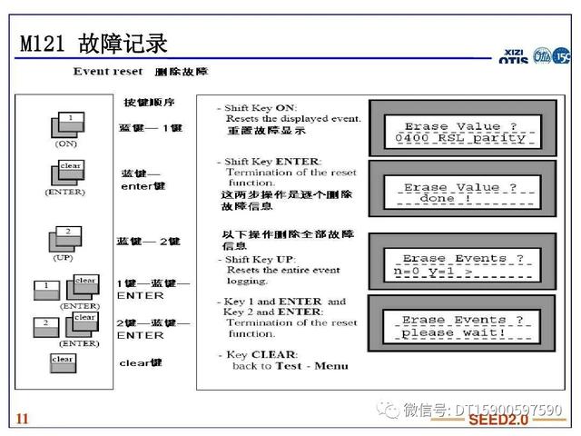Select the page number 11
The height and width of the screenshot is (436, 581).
[x=23, y=418]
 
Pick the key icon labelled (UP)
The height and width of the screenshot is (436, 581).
[x=64, y=241]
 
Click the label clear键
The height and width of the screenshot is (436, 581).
[x=141, y=362]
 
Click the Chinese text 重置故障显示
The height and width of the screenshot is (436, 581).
[x=259, y=131]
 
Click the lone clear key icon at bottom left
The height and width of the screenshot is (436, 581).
[x=63, y=361]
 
